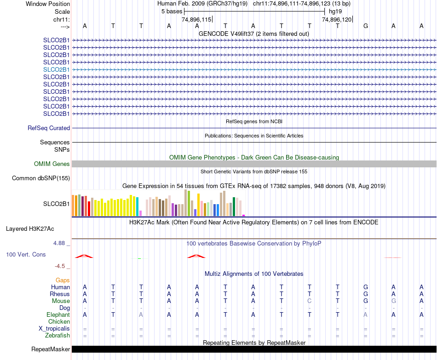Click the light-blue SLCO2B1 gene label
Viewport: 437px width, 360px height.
tap(57, 69)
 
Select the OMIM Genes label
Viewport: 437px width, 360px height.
tap(52, 164)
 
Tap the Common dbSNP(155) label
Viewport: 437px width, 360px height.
tap(41, 178)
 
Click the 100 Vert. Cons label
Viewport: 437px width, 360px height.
tap(26, 254)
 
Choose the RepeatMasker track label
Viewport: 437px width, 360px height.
tap(51, 349)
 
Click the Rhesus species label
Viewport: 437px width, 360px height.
tap(60, 294)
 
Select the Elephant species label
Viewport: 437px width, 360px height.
tap(58, 315)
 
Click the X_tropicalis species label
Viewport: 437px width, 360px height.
tap(54, 329)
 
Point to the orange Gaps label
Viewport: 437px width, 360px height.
tap(63, 280)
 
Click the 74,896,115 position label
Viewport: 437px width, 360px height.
tap(196, 19)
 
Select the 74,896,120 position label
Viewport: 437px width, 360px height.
tap(337, 19)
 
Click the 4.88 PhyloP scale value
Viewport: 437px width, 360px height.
tap(60, 243)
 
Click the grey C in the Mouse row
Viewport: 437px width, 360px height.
tap(310, 301)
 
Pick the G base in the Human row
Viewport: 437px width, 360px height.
tap(366, 287)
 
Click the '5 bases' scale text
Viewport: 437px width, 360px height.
tap(172, 11)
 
